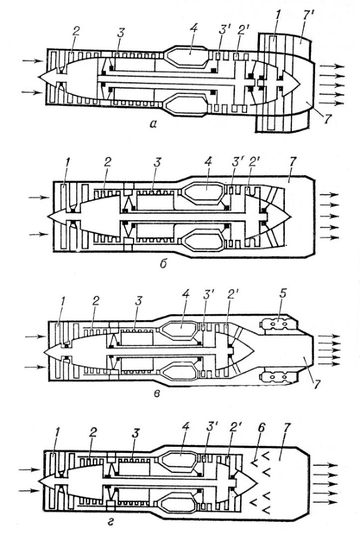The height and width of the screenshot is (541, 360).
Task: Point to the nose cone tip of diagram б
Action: point(49,216)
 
